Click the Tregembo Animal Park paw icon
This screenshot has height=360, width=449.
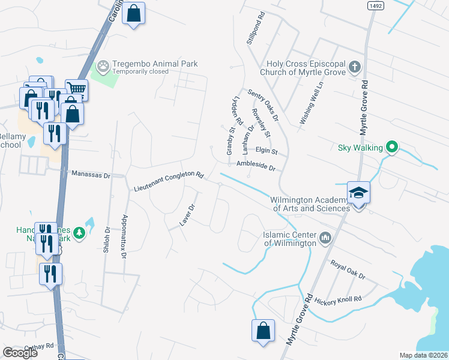104,64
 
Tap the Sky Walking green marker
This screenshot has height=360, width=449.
392,146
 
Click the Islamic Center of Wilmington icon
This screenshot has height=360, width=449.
325,238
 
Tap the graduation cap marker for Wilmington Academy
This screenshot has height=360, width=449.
359,193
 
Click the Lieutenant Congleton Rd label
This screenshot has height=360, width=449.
169,182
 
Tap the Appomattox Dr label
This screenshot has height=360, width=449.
124,236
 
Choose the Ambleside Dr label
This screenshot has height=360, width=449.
255,166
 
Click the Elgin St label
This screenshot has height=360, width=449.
266,151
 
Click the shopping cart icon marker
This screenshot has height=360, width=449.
76,91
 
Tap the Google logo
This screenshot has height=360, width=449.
20,353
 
